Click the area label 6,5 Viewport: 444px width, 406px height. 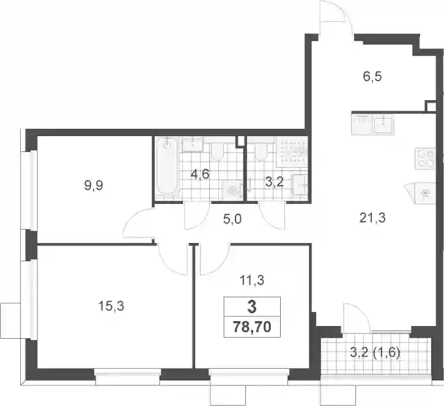pos(372,76)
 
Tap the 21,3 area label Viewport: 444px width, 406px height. pos(372,218)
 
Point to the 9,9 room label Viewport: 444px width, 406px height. pos(94,186)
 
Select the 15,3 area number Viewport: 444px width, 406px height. pos(111,306)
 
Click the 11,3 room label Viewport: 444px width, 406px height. pos(252,280)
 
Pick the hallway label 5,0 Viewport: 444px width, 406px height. pos(232,219)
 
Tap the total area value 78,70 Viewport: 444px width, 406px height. pos(252,327)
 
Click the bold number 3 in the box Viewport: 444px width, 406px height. pos(252,306)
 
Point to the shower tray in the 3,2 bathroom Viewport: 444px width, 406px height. pos(292,152)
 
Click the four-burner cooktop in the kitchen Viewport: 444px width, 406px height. pos(424,159)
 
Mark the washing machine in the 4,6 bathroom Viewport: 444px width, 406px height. pos(233,190)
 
